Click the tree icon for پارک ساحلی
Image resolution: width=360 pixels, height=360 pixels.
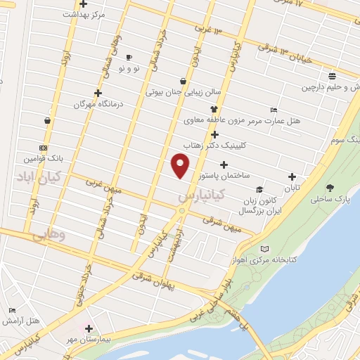tap(330, 188)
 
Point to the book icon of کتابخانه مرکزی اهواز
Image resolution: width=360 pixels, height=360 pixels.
tap(264, 249)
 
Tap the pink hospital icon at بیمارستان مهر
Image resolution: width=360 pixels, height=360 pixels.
tap(89, 328)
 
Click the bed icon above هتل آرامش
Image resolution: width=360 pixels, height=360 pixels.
tap(11, 310)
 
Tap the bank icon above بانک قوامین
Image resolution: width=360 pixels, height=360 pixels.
tap(44, 148)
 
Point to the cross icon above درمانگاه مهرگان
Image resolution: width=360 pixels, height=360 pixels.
tap(98, 93)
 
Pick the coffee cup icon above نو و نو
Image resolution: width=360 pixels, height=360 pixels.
tap(129, 57)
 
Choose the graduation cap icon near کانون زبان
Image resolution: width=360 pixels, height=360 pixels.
tap(260, 189)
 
